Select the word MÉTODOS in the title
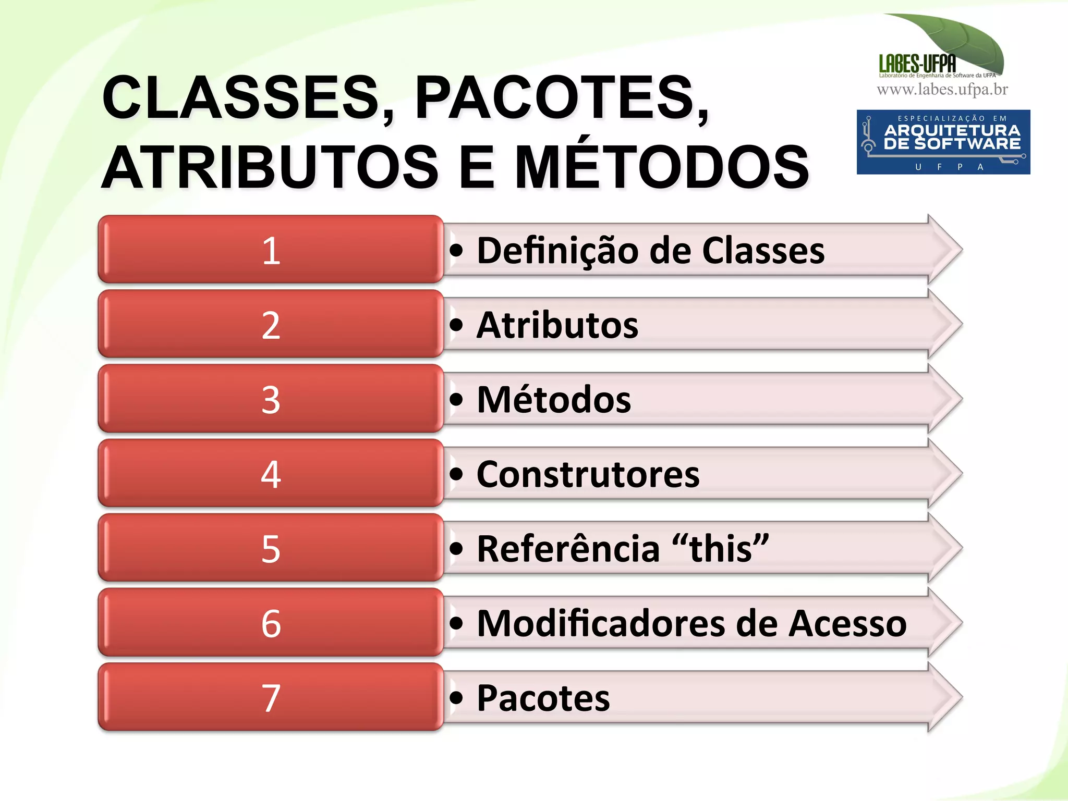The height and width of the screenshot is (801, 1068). pos(662,167)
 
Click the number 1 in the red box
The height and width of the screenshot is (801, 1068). pos(271,251)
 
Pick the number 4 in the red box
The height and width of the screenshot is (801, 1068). pos(271,474)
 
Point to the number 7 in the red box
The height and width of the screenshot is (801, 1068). pos(271,698)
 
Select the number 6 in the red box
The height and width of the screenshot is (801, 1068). pos(271,623)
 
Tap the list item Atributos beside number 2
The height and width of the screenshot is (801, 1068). pos(557,325)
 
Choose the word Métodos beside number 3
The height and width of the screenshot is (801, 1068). pos(553,400)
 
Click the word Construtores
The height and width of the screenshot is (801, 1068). pos(588,474)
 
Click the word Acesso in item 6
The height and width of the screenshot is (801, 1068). pos(847,623)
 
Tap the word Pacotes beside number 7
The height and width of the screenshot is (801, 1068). pos(543,698)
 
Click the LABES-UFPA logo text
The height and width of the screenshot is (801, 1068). pos(917,64)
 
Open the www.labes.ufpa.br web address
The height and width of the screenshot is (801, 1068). pos(942,90)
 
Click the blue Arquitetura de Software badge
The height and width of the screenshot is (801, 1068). pos(943,142)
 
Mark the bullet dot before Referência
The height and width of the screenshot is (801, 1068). pos(456,549)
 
